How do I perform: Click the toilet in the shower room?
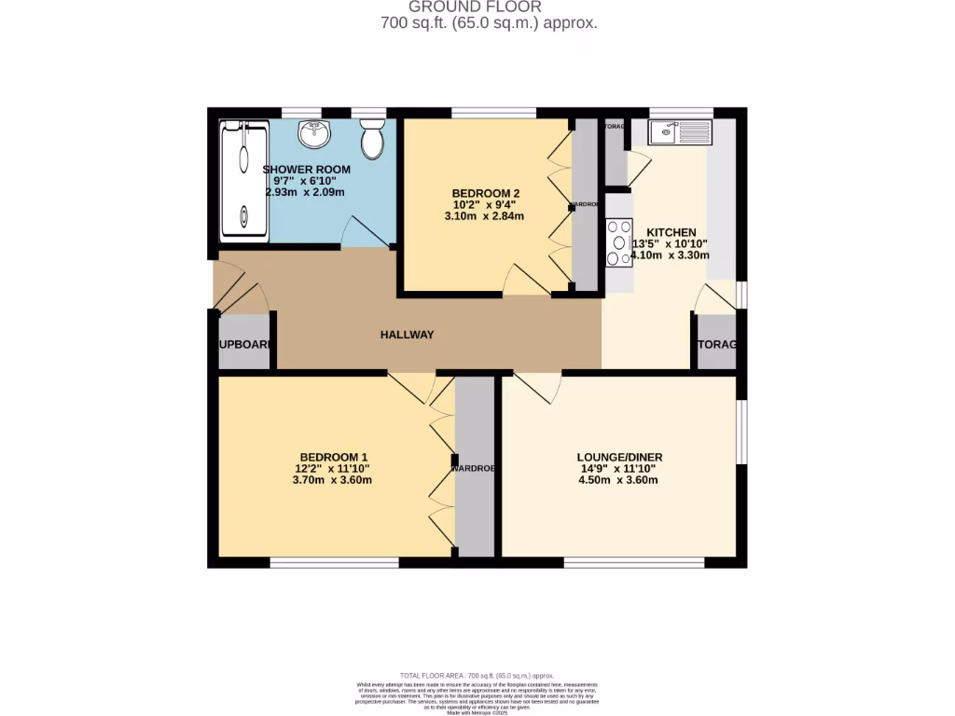[372, 140]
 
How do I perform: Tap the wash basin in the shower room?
[314, 134]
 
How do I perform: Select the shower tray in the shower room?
[243, 181]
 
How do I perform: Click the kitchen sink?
[681, 131]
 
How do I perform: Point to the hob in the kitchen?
[618, 241]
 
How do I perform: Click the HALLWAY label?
[407, 335]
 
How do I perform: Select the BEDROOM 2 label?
[484, 193]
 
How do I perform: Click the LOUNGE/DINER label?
[619, 457]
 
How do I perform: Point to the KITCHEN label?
[671, 232]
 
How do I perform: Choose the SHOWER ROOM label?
[306, 170]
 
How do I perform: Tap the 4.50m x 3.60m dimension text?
[619, 481]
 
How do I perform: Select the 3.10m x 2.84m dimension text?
[484, 216]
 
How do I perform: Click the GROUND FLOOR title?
[488, 7]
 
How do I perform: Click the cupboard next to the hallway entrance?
[244, 344]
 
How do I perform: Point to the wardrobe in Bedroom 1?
[475, 466]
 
